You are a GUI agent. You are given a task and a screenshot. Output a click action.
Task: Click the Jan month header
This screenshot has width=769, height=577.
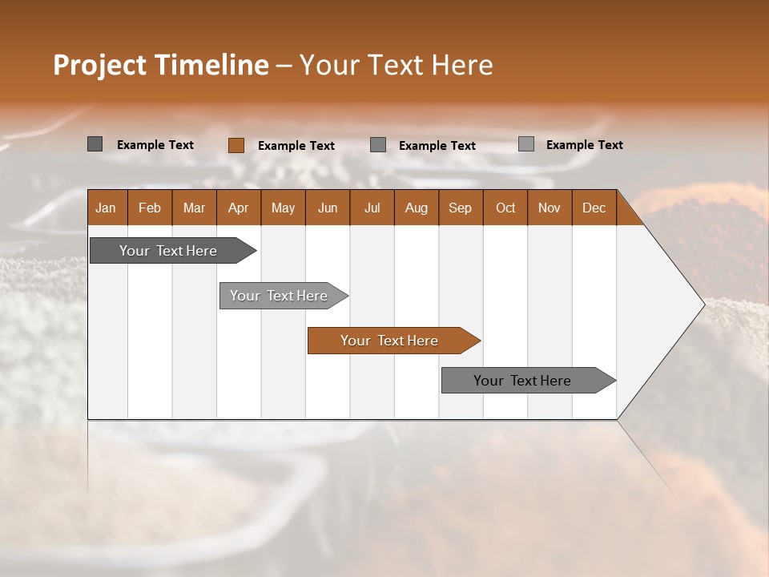(106, 208)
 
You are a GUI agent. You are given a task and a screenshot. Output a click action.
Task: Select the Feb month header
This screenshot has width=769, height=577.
(150, 208)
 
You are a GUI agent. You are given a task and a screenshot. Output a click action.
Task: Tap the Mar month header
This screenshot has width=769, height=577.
(194, 208)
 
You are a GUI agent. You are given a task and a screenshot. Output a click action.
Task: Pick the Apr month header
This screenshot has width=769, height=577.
(238, 208)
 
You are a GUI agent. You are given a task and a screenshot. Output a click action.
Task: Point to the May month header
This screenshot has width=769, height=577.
(283, 208)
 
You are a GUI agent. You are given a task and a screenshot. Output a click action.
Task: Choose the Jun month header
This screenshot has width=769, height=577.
(328, 208)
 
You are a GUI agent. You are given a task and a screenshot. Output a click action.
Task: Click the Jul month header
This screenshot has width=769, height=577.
(372, 208)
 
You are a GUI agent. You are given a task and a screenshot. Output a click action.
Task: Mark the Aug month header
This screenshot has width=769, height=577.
(416, 208)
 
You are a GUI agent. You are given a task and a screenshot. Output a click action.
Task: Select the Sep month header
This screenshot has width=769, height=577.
(460, 208)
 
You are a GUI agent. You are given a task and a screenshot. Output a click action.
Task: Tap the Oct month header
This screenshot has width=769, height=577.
(505, 208)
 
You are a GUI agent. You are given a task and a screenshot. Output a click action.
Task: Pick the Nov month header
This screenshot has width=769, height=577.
(550, 208)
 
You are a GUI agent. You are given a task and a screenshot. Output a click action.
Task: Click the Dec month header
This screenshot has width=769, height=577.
(594, 208)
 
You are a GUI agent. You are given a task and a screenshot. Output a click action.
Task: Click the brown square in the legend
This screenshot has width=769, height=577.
(236, 145)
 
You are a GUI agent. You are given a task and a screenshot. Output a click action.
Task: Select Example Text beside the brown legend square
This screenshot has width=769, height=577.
(296, 146)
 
